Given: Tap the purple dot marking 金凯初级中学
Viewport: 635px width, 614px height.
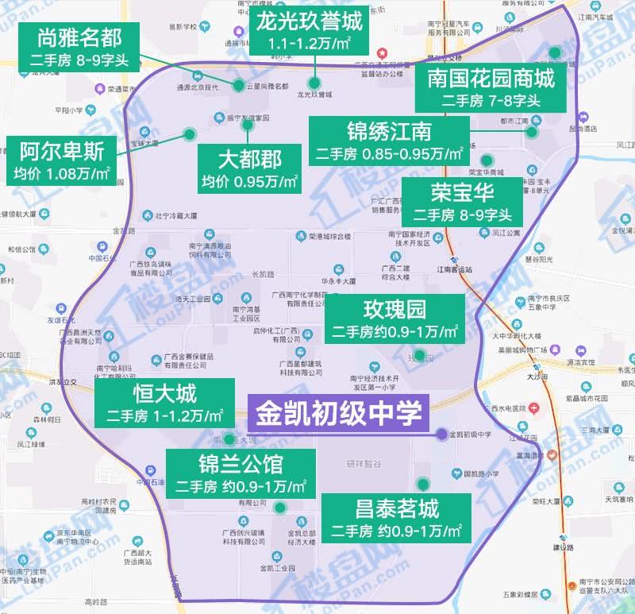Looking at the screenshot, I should [x=441, y=434].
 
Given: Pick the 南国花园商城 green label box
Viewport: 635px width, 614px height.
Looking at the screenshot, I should [x=490, y=88].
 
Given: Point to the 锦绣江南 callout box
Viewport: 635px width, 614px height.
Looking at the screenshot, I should [x=389, y=141].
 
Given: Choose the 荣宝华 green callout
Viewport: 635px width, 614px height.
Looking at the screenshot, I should [x=462, y=203].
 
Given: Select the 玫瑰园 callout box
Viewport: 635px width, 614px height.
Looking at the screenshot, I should [x=394, y=320].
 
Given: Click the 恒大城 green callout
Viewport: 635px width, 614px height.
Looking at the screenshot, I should [x=164, y=403].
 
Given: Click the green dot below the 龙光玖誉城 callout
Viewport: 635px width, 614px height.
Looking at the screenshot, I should [x=315, y=83].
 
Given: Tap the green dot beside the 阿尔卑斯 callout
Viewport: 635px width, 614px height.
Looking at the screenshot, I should [x=189, y=133].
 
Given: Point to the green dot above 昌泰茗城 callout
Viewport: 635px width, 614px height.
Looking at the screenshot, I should [x=423, y=482].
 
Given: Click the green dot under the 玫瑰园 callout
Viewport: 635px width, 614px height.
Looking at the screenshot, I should [x=419, y=356].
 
